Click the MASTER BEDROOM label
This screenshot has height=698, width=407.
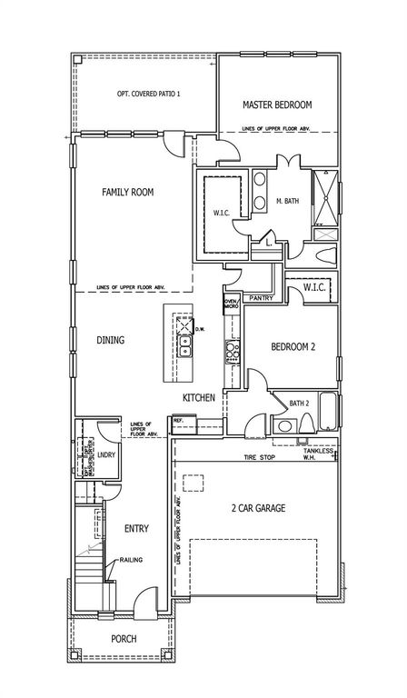(276, 105)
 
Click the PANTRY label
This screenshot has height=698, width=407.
(261, 297)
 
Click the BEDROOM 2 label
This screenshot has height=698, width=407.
(293, 346)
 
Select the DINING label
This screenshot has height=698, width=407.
(110, 340)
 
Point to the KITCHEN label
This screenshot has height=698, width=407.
(198, 397)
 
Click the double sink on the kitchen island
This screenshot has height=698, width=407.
(184, 346)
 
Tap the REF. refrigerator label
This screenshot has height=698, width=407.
(179, 421)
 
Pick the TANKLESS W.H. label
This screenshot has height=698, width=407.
(320, 454)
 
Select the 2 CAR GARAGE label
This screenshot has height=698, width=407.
(258, 509)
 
